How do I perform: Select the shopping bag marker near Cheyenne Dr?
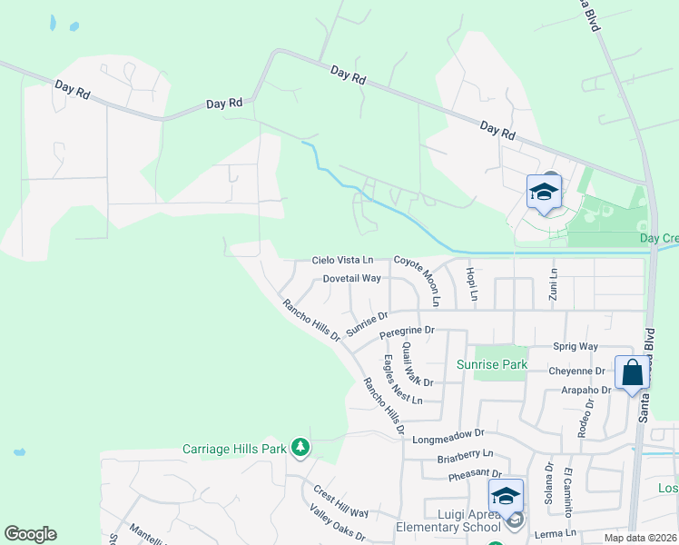tap(632, 372)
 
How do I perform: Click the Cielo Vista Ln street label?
tap(342, 260)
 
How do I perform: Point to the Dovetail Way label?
tap(351, 279)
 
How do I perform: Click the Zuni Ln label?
tap(553, 285)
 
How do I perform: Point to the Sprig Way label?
tap(576, 347)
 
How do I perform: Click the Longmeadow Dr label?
tap(449, 437)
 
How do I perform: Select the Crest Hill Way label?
tap(340, 500)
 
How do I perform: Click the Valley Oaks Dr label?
tap(337, 523)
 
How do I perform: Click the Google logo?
tap(30, 534)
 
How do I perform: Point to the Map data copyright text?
tap(640, 538)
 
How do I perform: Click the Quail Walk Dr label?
tap(418, 364)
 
